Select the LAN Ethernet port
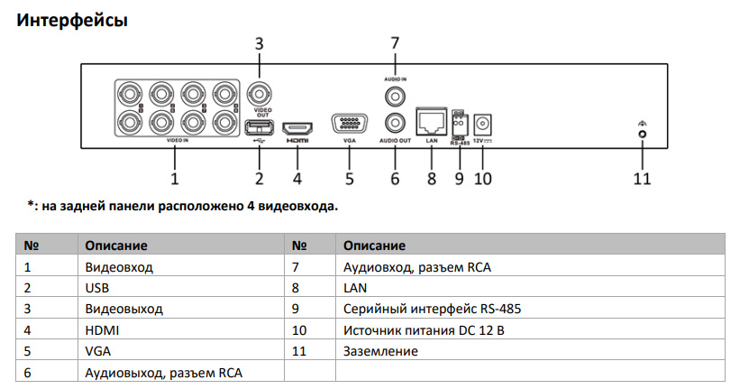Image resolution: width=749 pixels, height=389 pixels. point(431,121)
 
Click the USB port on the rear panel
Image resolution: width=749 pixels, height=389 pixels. point(258,127)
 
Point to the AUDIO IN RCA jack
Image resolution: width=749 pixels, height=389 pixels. point(394,95)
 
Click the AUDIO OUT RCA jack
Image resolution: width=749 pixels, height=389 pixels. point(394,122)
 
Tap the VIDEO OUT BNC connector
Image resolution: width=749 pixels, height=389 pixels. point(260,94)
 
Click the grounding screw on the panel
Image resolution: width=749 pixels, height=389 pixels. point(642,134)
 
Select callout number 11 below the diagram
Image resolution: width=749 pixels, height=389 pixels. point(641,179)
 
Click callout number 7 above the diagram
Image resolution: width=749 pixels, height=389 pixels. point(394,42)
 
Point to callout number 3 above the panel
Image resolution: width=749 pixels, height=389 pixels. point(260,42)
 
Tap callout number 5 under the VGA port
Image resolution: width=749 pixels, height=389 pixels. point(349,179)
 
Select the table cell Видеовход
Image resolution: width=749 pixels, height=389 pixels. point(119,267)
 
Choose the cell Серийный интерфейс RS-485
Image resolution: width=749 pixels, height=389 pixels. point(432,309)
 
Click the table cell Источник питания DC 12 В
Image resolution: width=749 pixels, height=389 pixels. point(424,329)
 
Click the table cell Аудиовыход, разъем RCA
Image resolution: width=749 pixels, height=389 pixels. point(163,372)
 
